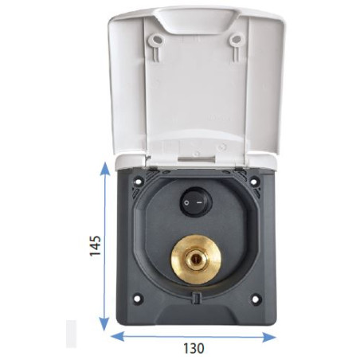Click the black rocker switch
[x=195, y=202]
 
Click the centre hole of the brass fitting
[x=195, y=259]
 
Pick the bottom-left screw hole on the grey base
[x=138, y=300]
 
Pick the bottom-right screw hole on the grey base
[x=255, y=300]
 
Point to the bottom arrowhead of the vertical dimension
[x=104, y=327]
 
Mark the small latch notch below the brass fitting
[x=195, y=299]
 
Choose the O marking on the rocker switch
[x=188, y=202]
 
